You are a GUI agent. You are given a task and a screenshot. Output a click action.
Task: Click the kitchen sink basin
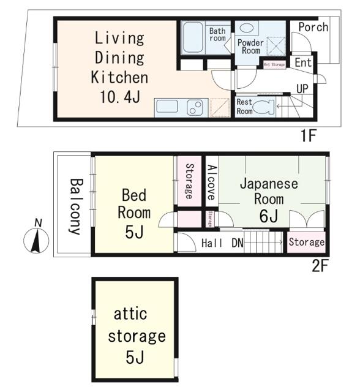[167, 107]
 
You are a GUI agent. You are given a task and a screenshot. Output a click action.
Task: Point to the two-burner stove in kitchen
[195, 107]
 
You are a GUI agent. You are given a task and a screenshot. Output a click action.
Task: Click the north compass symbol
[36, 239]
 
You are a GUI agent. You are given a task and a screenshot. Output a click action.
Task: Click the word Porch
[313, 28]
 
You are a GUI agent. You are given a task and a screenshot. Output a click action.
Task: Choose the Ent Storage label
[274, 64]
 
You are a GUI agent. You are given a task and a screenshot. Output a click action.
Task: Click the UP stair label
[302, 89]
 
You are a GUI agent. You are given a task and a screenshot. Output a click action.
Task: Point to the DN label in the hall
[237, 243]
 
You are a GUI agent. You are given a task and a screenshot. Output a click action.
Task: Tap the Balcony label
[75, 206]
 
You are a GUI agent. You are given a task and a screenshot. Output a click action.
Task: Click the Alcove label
[211, 182]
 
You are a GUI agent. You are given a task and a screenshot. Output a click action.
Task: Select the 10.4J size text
[119, 97]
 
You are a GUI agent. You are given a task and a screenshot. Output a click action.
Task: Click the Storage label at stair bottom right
[306, 243]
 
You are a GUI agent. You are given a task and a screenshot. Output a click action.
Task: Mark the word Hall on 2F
[212, 243]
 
